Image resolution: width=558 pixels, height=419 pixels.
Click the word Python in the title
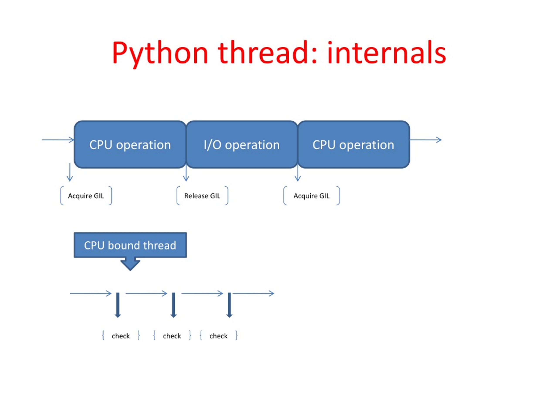click(160, 53)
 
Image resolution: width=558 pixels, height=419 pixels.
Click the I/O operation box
click(242, 144)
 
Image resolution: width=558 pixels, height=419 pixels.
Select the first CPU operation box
click(130, 144)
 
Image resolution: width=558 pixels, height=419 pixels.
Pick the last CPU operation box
click(353, 144)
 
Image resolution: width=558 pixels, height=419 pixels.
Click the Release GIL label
click(202, 196)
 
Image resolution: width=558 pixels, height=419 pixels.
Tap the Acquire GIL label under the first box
click(86, 196)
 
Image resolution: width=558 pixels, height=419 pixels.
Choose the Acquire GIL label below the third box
click(311, 196)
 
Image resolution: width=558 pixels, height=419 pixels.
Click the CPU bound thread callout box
click(130, 245)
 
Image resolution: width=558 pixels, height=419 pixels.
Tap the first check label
click(121, 336)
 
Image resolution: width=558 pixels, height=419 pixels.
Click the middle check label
click(172, 336)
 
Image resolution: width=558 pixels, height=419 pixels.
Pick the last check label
click(218, 336)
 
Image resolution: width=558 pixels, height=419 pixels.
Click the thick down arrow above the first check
click(118, 305)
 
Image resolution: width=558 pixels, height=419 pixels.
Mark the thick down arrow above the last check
click(229, 305)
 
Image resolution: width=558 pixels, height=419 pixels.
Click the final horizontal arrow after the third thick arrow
click(253, 294)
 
